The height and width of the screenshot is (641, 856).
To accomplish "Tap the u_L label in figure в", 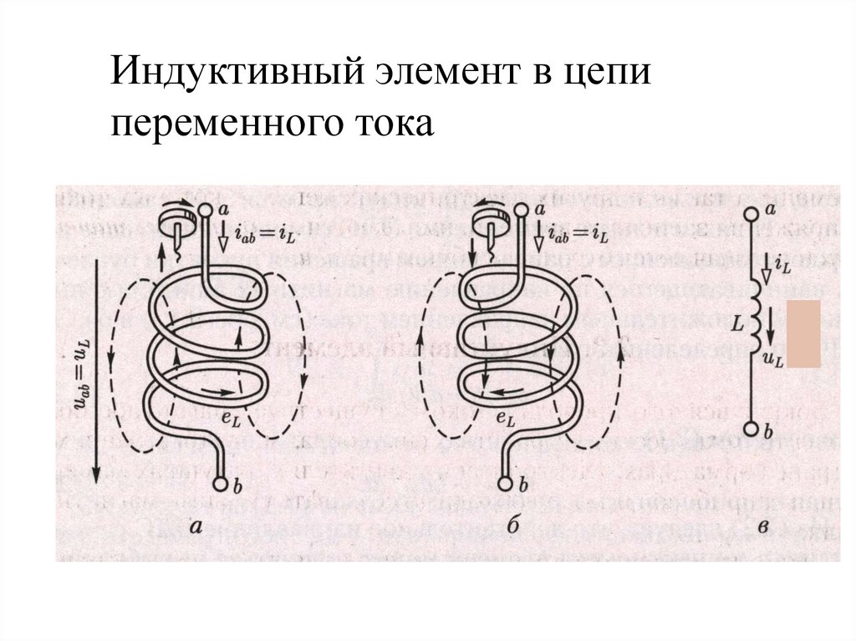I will coord(773,360).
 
